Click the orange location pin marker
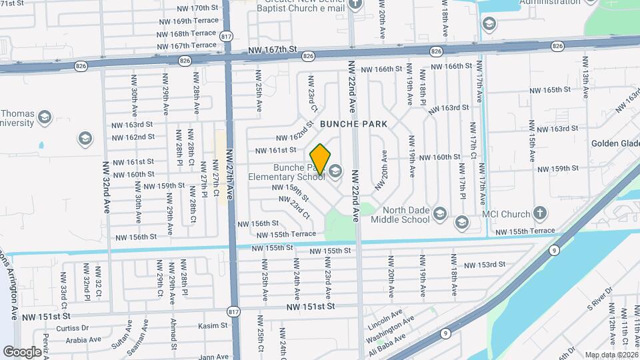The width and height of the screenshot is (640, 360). click(x=321, y=159)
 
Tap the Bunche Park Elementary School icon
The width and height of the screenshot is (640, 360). click(x=335, y=172)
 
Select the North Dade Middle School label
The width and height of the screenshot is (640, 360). click(x=400, y=213)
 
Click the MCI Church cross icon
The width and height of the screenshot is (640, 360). click(x=540, y=214)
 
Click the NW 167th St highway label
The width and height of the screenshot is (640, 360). click(x=271, y=50)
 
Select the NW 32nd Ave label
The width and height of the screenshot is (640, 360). click(x=105, y=186)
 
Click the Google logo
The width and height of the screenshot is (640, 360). click(x=22, y=351)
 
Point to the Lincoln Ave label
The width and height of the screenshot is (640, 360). click(x=385, y=313)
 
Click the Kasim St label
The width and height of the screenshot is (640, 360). click(x=213, y=326)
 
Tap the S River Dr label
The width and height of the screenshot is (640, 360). click(x=599, y=305)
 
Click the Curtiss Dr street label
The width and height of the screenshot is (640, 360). click(x=73, y=327)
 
